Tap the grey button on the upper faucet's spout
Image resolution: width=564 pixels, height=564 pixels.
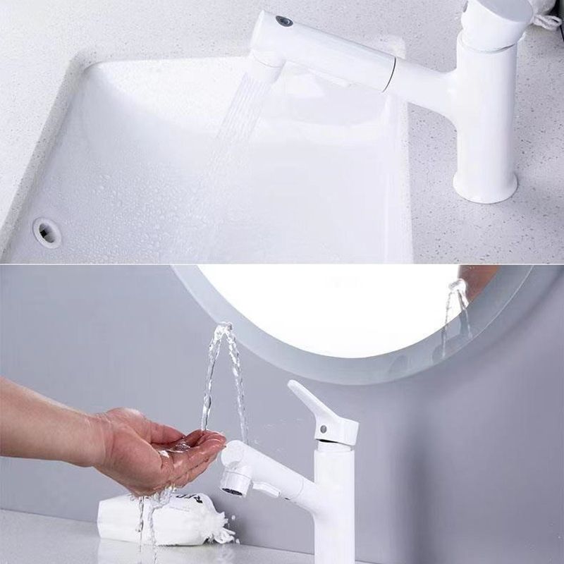point(284,21)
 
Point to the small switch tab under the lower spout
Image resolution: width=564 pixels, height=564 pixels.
point(266,489)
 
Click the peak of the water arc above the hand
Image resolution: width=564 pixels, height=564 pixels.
point(224,327)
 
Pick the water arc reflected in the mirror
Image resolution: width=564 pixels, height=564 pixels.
point(455,310)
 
